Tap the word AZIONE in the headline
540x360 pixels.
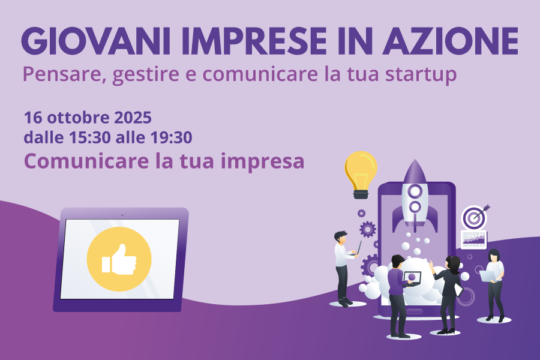click(451, 41)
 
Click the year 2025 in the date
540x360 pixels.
click(133, 118)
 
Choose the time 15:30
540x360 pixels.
click(89, 137)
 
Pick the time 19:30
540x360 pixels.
click(171, 137)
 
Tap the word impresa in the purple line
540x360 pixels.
click(262, 162)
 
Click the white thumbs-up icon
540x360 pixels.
click(119, 260)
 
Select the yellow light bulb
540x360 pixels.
click(361, 175)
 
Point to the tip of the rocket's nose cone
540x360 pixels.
click(415, 160)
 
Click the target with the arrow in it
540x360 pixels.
click(475, 217)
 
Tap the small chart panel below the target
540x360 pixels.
click(474, 239)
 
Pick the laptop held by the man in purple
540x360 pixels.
click(412, 278)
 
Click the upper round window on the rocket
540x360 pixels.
click(415, 191)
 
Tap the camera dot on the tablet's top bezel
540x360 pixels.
click(122, 214)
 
